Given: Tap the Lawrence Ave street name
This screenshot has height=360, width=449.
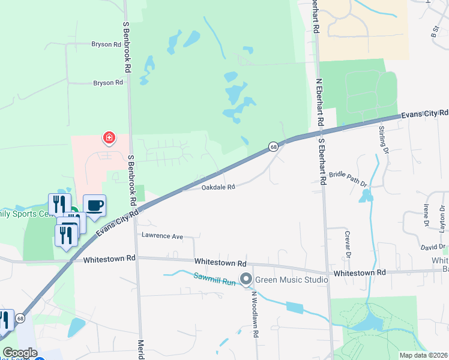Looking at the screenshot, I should point(162,236).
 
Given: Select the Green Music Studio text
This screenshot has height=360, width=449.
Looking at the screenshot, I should point(291,280).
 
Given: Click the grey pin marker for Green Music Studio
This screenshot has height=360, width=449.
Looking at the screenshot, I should point(246,279).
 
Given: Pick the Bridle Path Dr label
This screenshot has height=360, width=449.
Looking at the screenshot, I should point(348,178).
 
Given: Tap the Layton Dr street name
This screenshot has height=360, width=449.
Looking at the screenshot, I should point(443,215).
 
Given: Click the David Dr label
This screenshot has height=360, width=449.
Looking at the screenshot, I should point(432,247).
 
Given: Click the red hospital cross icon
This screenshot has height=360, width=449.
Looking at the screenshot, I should point(109,139).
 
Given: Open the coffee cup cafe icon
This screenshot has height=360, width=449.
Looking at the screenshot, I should point(95,206).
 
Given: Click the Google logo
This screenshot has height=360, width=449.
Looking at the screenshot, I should point(20,353).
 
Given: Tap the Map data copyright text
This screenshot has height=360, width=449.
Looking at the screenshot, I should point(423,355).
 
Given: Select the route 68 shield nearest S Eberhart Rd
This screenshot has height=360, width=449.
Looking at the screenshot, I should point(273,146).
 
